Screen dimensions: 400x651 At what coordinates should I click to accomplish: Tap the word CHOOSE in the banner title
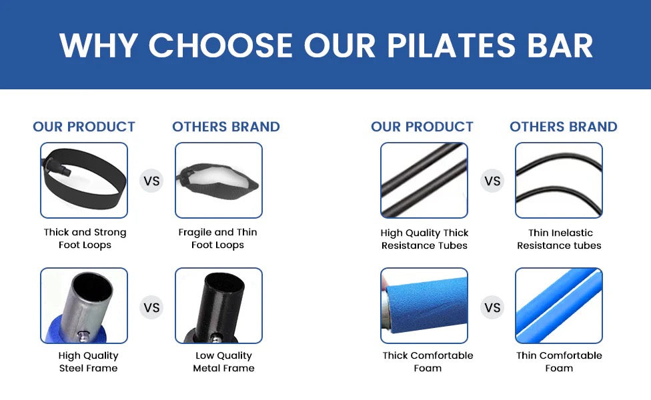221,45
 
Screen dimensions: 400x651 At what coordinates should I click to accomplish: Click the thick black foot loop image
84,180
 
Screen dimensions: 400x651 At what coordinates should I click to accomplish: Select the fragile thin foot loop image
218,180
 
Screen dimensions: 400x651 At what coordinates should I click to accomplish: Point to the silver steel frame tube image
84,305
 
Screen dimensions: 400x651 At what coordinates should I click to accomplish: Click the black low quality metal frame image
218,305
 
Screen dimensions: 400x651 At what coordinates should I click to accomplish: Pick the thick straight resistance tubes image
424,180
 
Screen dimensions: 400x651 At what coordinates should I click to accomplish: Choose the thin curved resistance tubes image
558,180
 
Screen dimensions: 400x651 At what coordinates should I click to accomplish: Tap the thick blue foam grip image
424,305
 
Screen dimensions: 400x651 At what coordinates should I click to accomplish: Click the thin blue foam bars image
558,305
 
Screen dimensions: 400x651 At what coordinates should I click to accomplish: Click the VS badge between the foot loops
151,181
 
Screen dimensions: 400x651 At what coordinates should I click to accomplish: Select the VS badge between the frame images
151,307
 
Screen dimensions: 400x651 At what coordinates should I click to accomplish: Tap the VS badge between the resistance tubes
492,181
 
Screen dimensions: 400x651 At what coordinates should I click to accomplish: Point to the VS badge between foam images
492,307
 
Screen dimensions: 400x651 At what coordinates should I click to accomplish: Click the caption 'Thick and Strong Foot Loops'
85,239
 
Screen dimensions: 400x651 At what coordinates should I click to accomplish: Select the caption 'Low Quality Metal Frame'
223,362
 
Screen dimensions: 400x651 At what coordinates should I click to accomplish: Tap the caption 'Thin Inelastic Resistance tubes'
559,239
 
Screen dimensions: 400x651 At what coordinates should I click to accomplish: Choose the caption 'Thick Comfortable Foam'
428,362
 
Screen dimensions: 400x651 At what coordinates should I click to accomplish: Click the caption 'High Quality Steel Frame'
88,362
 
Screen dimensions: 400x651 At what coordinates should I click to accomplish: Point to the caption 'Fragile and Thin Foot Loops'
217,239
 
